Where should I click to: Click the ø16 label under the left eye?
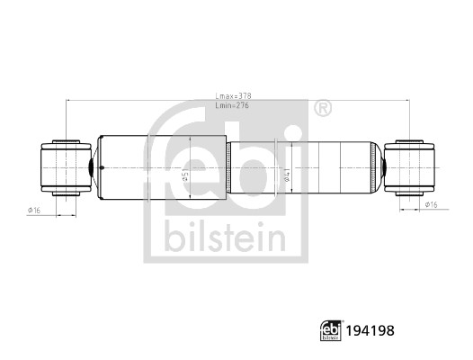coord(35,210)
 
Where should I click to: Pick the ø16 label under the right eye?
coord(432,206)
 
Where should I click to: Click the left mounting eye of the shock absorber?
coord(64,167)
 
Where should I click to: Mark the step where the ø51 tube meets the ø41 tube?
coord(228,167)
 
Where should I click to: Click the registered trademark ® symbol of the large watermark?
coord(322,108)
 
